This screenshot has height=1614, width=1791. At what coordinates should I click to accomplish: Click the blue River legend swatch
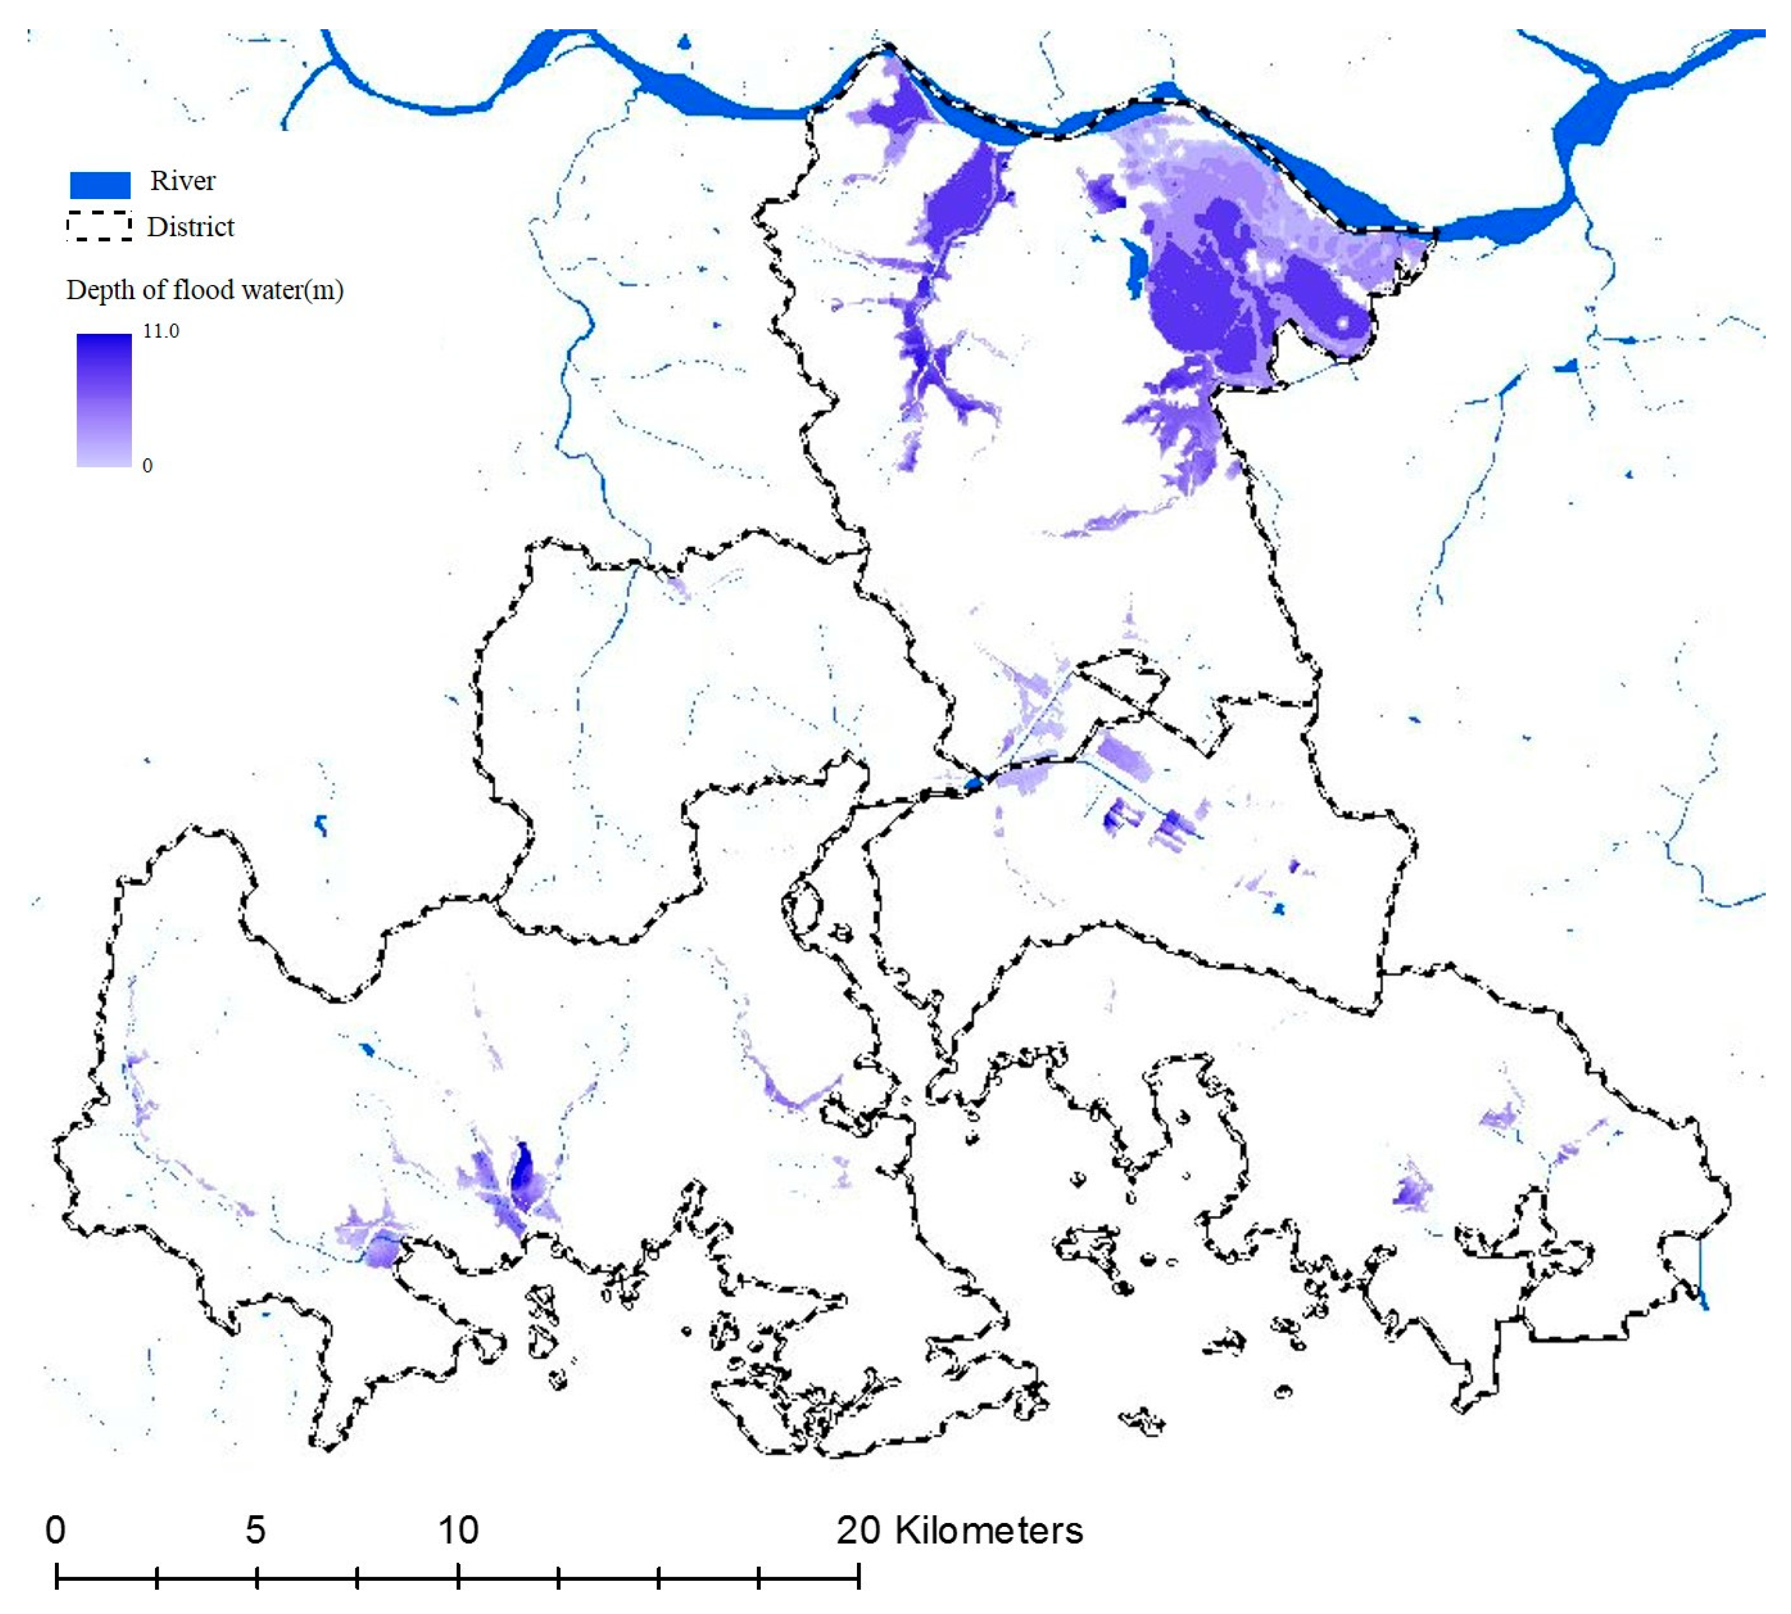tap(100, 184)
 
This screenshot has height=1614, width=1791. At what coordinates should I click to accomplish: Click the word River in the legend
tap(183, 181)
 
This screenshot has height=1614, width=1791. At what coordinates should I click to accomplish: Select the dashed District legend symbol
tap(99, 227)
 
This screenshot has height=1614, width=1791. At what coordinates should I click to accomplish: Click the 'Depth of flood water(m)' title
tap(205, 290)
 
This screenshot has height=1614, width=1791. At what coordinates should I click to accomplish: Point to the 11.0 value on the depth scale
tap(161, 331)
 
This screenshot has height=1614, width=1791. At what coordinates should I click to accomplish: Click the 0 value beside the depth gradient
tap(147, 466)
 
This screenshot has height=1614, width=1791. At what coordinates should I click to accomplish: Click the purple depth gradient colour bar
tap(104, 399)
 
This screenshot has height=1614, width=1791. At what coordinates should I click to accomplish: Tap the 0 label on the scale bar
tap(55, 1530)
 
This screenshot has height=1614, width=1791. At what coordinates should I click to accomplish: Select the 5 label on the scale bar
tap(255, 1530)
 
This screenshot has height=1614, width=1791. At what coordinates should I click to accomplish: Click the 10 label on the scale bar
tap(458, 1530)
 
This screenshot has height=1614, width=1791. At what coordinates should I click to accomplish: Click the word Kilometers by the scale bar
tap(988, 1530)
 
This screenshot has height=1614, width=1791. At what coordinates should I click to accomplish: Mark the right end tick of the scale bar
tap(858, 1576)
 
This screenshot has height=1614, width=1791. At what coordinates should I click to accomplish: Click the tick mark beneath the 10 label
tap(458, 1576)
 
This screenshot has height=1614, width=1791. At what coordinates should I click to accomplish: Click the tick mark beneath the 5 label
tap(256, 1576)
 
